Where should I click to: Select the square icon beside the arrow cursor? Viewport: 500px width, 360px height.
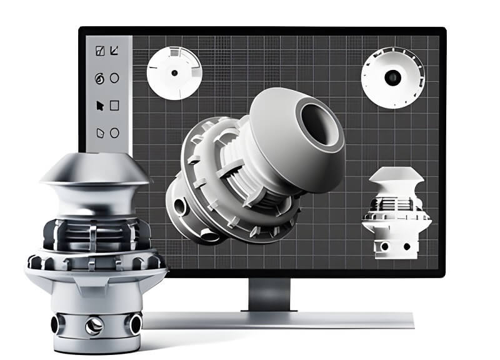pyautogui.click(x=114, y=106)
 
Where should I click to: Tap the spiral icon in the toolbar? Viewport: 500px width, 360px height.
pyautogui.click(x=99, y=79)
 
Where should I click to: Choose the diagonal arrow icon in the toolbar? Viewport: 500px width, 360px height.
pyautogui.click(x=114, y=51)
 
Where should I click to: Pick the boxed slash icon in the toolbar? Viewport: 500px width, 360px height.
pyautogui.click(x=99, y=51)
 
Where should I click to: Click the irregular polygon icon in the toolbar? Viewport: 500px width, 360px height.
pyautogui.click(x=99, y=132)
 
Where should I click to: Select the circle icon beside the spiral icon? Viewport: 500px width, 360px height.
pyautogui.click(x=114, y=78)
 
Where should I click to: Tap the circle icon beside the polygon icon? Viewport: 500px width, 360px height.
pyautogui.click(x=114, y=132)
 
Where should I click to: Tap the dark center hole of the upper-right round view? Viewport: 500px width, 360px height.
pyautogui.click(x=393, y=77)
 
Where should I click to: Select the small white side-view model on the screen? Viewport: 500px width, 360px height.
pyautogui.click(x=395, y=212)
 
